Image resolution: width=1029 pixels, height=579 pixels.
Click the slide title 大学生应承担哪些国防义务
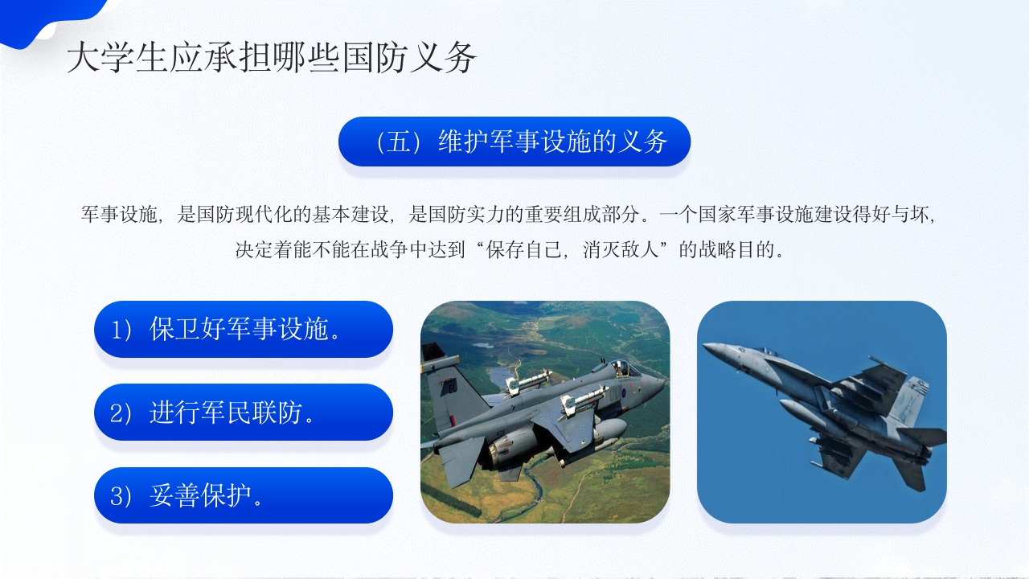pos(272,59)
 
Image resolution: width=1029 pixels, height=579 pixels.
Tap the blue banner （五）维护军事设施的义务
pos(514,142)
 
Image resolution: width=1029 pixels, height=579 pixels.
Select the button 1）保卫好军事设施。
pos(243,329)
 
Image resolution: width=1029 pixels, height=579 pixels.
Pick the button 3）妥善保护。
pos(243,496)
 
